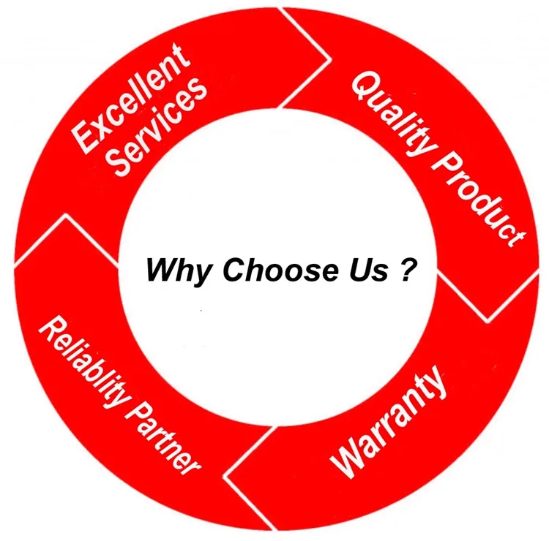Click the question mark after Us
coord(410,270)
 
